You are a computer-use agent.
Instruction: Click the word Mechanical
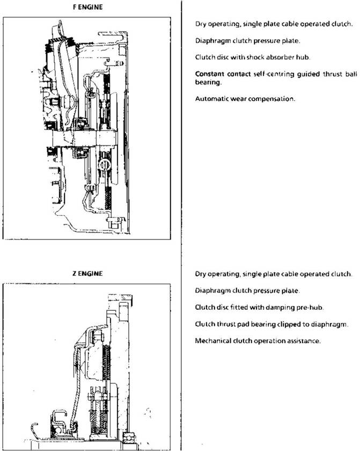click(x=212, y=340)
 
